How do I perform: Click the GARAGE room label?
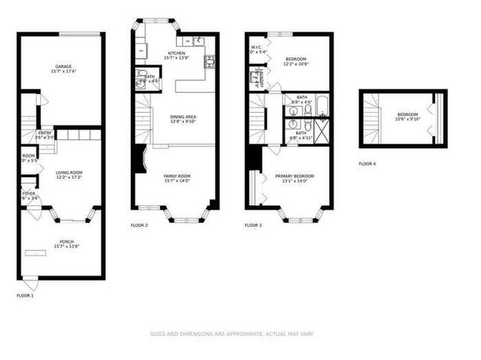coord(62,66)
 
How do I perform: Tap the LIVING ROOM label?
coord(68,172)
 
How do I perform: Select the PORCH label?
coord(67,242)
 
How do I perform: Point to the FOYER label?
coord(28,194)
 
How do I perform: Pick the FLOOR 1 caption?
coord(26,295)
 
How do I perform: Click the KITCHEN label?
coord(177,53)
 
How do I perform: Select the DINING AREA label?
coord(183,116)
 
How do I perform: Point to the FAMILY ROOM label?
coord(177,175)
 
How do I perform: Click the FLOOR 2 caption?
coord(139,225)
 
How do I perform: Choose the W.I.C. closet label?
coord(256,47)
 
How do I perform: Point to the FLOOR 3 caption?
coord(253,225)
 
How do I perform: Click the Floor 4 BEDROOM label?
coord(407,114)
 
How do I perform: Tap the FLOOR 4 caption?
coord(368,163)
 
